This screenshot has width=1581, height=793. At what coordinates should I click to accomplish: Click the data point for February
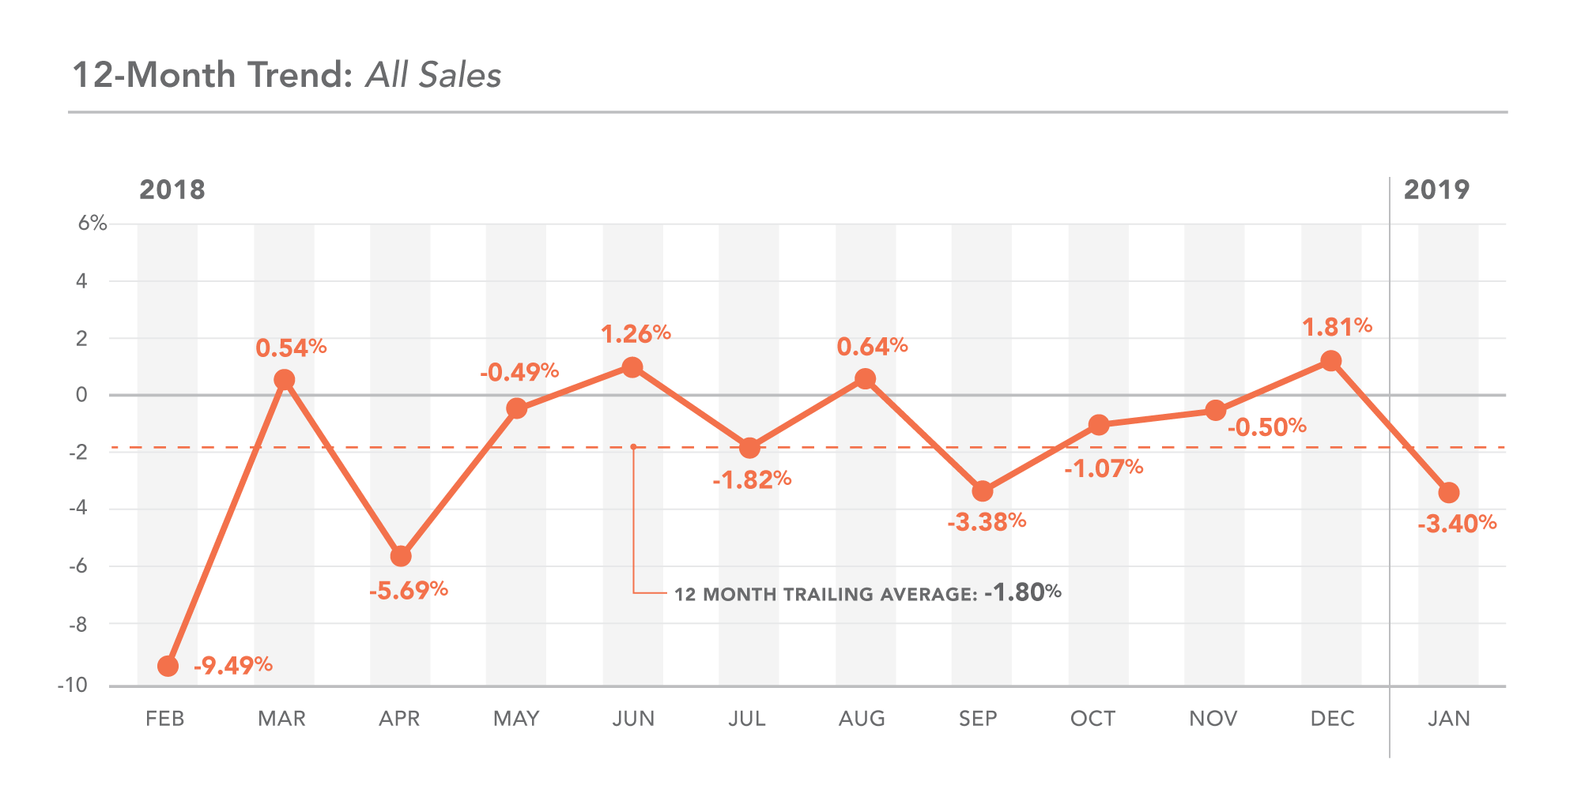point(168,666)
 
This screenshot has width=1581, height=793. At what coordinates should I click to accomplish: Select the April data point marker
point(401,556)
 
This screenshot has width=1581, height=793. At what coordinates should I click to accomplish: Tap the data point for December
point(1331,361)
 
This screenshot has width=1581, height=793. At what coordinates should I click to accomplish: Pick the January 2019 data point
point(1448,493)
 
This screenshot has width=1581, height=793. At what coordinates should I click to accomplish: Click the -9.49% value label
point(232,665)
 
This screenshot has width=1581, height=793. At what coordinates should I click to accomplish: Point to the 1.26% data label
point(636,334)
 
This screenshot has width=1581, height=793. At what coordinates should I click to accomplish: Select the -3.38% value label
point(987,521)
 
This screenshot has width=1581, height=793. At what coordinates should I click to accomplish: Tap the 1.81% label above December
point(1337,326)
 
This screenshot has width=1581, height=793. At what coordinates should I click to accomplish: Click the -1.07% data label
point(1104,468)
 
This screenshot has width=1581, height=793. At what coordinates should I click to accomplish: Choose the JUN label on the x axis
point(633,719)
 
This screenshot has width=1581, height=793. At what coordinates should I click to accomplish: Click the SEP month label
point(978,719)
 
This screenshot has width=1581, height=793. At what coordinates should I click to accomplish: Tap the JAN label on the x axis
point(1448,719)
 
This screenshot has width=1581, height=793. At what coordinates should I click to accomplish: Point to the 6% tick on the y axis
point(92,224)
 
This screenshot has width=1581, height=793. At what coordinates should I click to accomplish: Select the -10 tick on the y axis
point(72,685)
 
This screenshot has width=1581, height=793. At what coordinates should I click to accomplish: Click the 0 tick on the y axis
point(81,395)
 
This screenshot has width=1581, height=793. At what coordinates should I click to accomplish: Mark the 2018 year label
point(172,190)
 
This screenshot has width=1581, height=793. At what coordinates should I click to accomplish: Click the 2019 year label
point(1436,190)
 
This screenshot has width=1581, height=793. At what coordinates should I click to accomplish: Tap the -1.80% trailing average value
point(1022,592)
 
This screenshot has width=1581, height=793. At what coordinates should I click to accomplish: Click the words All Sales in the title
point(433,75)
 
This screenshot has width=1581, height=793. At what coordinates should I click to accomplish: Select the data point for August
point(866,379)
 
